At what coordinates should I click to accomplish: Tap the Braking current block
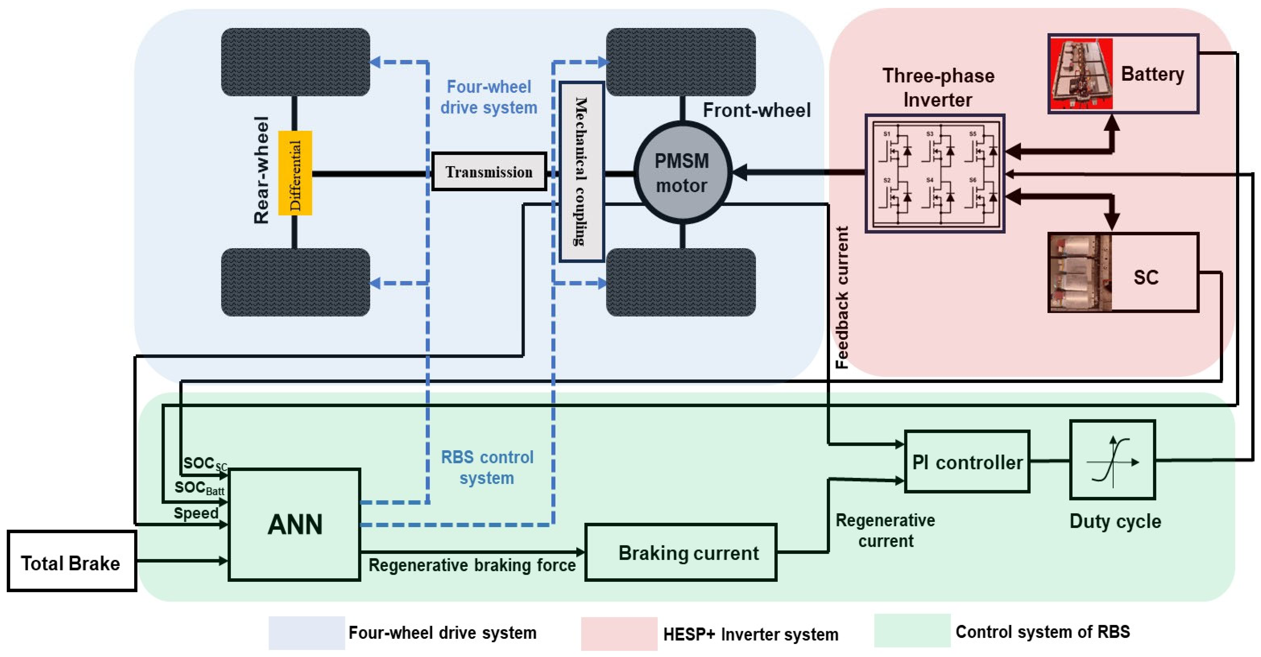(681, 552)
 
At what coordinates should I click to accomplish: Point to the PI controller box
(967, 462)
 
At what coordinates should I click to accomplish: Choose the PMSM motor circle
(682, 173)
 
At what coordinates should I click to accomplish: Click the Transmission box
(489, 172)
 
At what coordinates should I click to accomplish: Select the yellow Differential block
(295, 173)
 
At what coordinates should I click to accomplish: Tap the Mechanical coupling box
(581, 171)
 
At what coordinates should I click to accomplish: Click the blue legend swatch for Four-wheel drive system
(307, 633)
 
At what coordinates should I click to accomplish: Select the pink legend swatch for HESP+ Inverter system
(619, 634)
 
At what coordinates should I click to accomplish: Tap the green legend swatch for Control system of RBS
(912, 631)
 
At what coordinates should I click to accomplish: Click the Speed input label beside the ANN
(196, 513)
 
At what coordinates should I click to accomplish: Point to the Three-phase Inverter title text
(938, 88)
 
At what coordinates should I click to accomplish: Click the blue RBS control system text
(487, 467)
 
